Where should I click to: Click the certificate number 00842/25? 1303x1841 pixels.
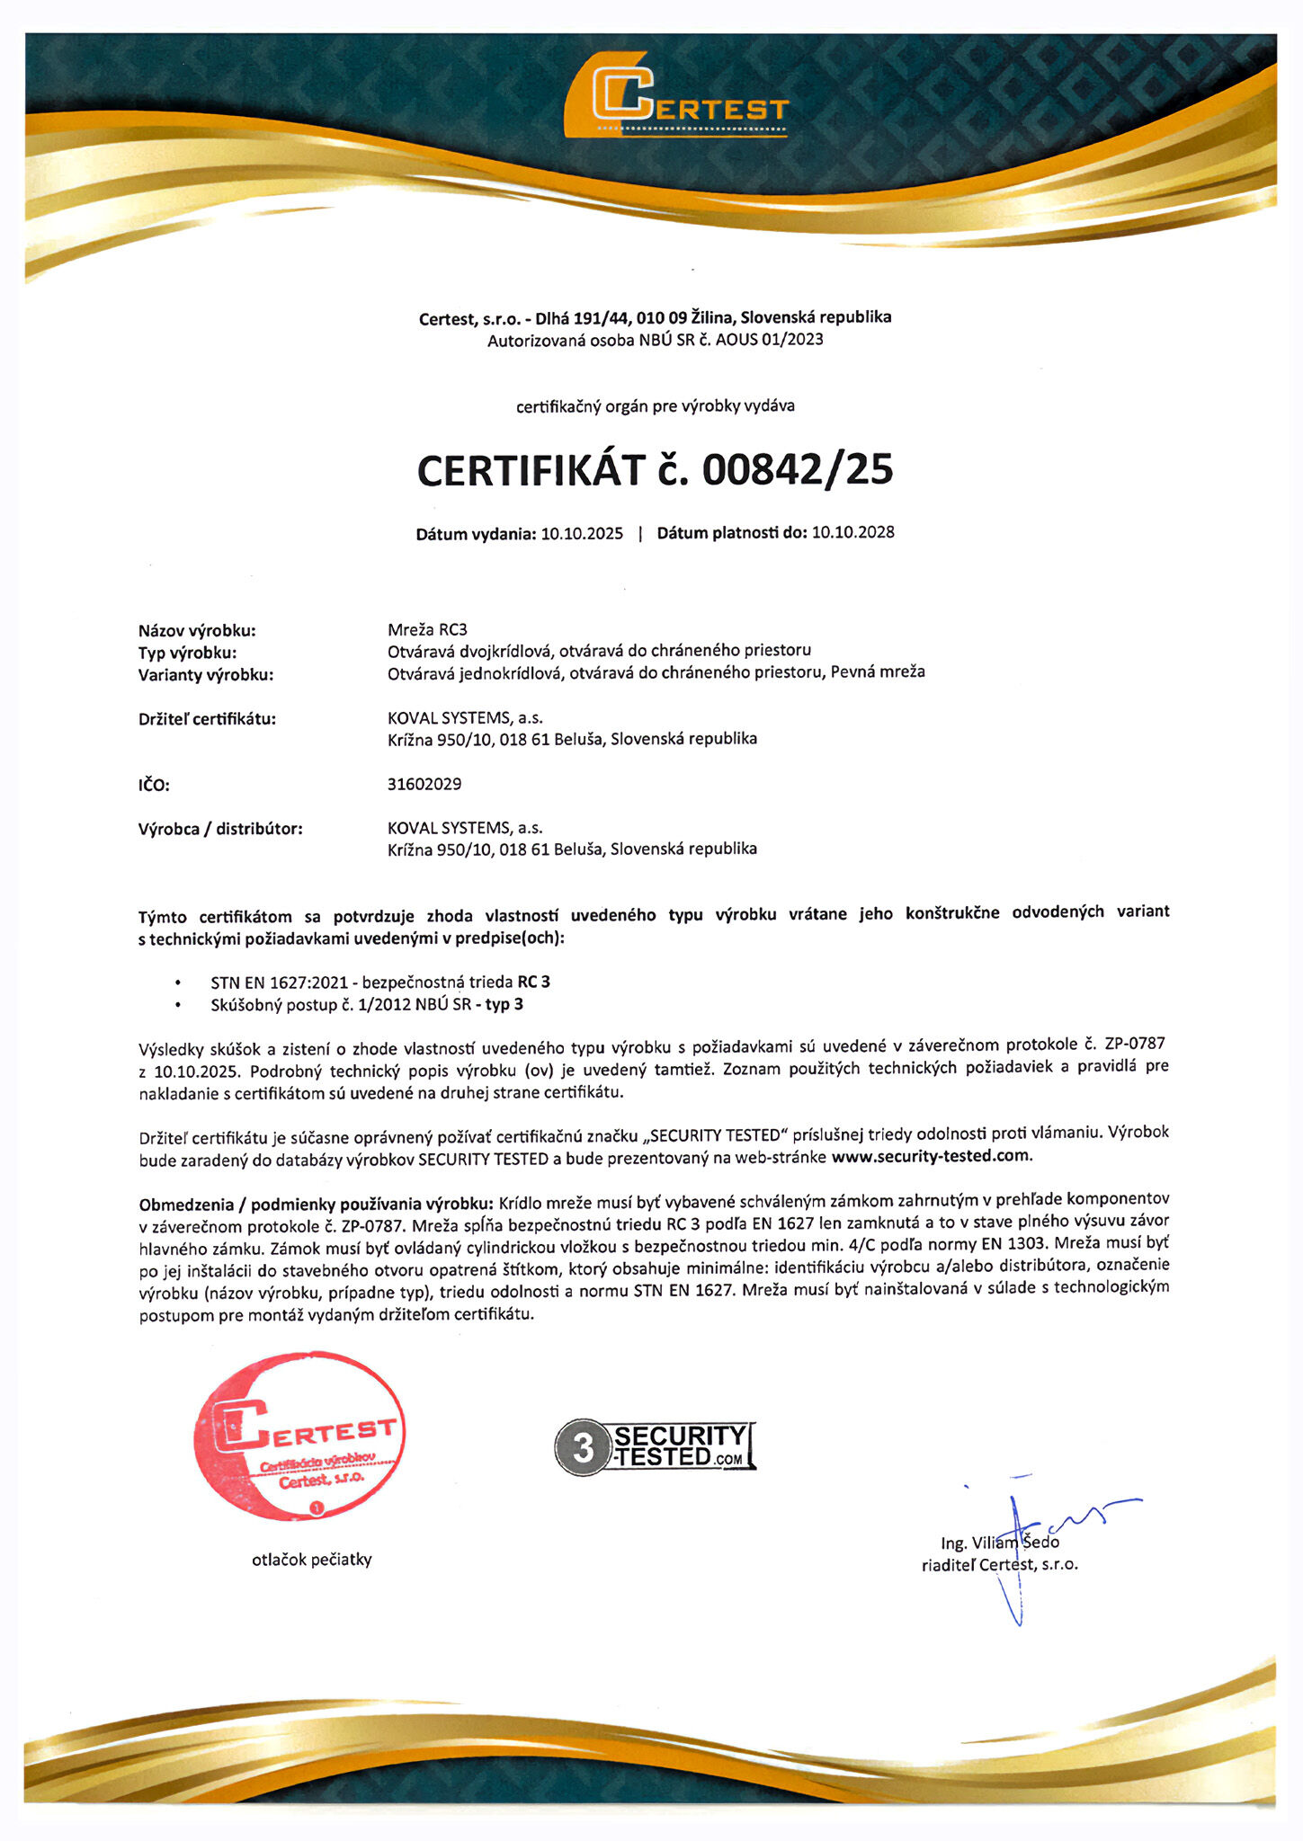tap(798, 470)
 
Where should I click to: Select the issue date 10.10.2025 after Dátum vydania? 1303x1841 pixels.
tap(582, 534)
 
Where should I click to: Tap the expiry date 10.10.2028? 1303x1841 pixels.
tap(852, 532)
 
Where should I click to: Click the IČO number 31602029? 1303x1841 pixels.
tap(424, 784)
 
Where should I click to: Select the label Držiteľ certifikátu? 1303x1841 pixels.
tap(207, 719)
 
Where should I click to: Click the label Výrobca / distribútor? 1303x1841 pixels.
tap(220, 829)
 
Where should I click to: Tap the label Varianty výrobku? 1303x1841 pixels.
tap(206, 675)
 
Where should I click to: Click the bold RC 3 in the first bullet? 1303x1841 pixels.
tap(533, 983)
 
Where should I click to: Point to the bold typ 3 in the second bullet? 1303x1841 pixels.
tap(504, 1004)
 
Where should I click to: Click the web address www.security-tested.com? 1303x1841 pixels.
tap(931, 1156)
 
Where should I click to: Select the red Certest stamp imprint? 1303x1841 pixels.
tap(300, 1436)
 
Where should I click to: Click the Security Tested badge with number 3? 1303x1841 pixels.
tap(655, 1447)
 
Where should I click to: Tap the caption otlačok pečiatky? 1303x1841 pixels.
tap(311, 1560)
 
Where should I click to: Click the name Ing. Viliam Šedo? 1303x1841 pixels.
tap(1000, 1543)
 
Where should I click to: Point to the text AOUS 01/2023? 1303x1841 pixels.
tap(769, 340)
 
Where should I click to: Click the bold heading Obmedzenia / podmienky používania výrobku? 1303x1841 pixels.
tap(316, 1205)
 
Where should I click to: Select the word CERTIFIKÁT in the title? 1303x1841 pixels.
tap(531, 471)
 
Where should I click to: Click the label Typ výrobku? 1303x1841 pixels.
tap(188, 653)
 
